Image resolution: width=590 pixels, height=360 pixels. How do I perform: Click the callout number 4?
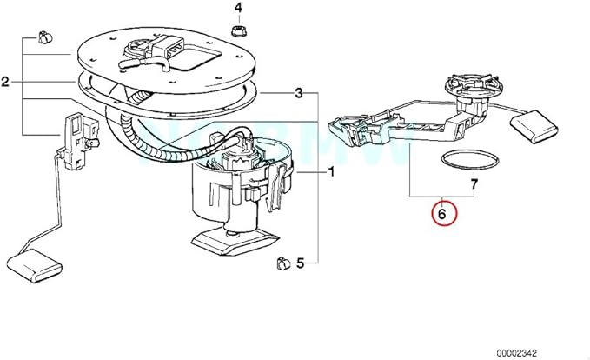(x=237, y=9)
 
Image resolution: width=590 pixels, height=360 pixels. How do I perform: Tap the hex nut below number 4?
(x=237, y=31)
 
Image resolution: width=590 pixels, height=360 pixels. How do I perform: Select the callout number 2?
(x=6, y=83)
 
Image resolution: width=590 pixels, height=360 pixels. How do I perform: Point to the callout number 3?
(x=299, y=93)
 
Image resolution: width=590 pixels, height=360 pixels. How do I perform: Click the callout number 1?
(x=331, y=173)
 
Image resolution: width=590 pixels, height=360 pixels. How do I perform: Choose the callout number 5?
(x=300, y=262)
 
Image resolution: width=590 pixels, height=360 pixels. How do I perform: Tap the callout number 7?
(x=474, y=183)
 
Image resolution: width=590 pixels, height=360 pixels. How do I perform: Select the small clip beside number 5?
(x=281, y=261)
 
